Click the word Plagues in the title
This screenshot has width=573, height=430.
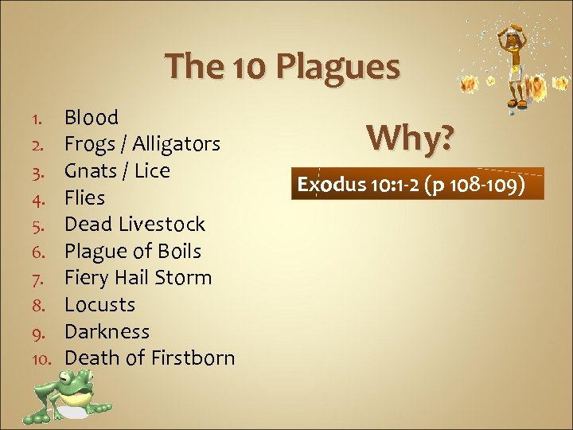(x=338, y=67)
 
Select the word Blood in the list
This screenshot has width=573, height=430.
(x=91, y=118)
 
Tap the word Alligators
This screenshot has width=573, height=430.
(x=176, y=145)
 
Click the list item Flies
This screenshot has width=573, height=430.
(x=84, y=197)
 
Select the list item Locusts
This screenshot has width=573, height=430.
(x=99, y=305)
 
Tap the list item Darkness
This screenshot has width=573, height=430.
(x=107, y=331)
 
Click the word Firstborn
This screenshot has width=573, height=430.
(x=191, y=358)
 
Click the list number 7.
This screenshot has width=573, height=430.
(x=46, y=279)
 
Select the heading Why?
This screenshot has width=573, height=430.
(x=411, y=139)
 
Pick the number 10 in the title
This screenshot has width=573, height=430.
(x=251, y=67)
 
